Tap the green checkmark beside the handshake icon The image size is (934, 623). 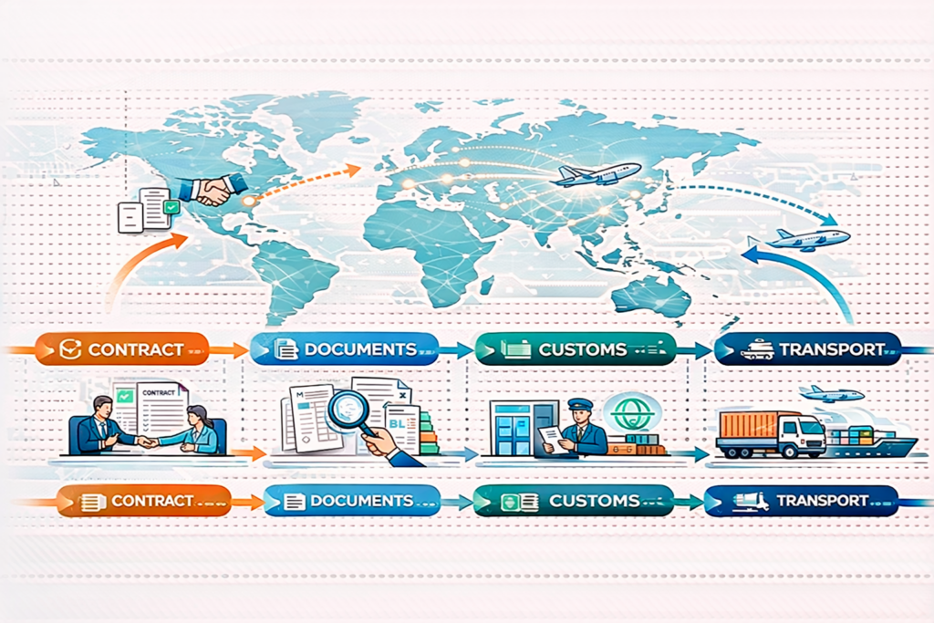tap(171, 208)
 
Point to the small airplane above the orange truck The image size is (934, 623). tap(831, 393)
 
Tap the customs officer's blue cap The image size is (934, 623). tap(579, 404)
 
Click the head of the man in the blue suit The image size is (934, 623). tap(103, 406)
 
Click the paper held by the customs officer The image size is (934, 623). tap(551, 437)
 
